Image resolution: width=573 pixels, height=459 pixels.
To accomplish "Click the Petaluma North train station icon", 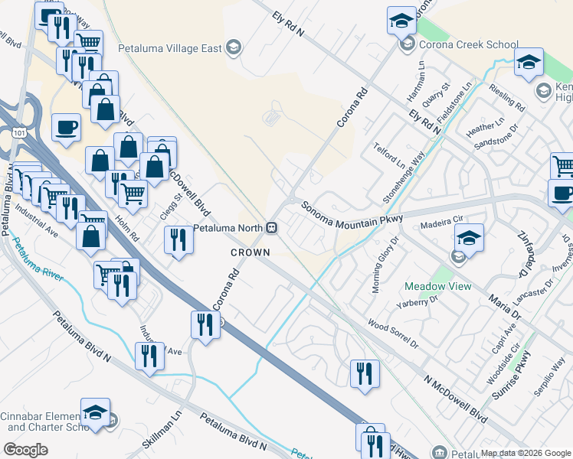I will click(x=271, y=228).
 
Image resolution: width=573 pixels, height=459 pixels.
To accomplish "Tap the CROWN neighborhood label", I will click(x=250, y=252).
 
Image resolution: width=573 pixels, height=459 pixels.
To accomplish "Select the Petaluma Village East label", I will click(x=170, y=48).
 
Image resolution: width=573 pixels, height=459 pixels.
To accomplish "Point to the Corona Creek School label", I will click(x=469, y=45).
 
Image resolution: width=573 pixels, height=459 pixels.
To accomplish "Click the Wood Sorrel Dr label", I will click(x=393, y=334).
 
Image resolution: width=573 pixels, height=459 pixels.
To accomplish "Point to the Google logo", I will click(x=26, y=449).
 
